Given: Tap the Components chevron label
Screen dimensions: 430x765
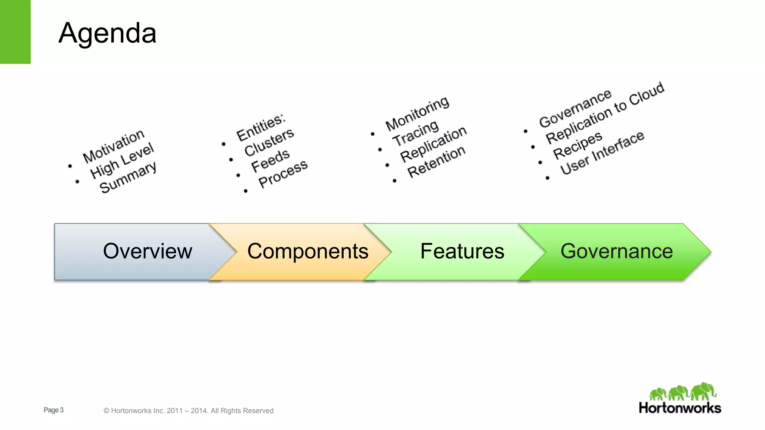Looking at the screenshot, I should click(x=307, y=251).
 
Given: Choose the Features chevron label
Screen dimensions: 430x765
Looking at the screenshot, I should click(x=462, y=251).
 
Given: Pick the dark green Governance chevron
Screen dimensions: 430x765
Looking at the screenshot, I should click(x=616, y=251).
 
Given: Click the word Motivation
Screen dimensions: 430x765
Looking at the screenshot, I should click(x=114, y=146).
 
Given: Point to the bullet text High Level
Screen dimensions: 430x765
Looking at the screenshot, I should click(x=122, y=161).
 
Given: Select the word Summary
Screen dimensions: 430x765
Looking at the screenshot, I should click(x=128, y=177).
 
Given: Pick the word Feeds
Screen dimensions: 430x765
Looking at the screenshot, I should click(x=270, y=161).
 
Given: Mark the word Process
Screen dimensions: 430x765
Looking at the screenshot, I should click(x=283, y=174).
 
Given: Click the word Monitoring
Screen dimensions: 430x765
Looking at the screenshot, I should click(x=417, y=113).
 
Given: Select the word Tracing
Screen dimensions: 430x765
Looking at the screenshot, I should click(x=415, y=133).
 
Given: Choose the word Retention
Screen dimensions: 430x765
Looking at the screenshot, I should click(x=436, y=162).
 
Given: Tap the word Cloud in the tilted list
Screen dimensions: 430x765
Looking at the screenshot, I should click(x=647, y=94).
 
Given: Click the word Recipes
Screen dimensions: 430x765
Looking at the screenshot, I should click(x=577, y=145).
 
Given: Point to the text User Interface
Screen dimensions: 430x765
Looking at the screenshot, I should click(x=602, y=153).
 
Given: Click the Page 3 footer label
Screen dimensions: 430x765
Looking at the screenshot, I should click(x=53, y=410).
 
